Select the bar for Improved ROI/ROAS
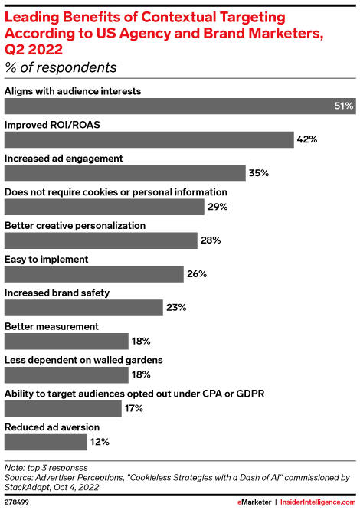149,140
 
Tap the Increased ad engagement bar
125,173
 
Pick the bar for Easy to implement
94,274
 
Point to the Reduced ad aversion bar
46,442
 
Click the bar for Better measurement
67,341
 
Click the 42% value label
308,140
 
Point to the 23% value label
175,308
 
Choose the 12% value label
100,442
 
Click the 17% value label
134,408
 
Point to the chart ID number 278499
18,501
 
